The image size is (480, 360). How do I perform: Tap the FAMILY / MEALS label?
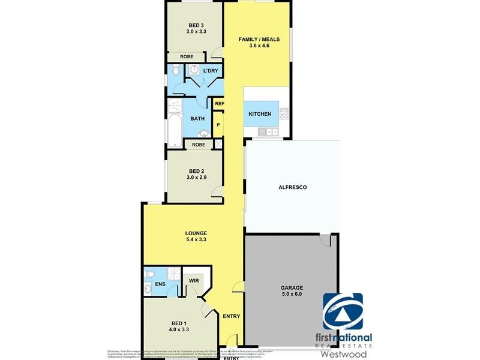coord(259,40)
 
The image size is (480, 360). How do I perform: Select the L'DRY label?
coord(210,71)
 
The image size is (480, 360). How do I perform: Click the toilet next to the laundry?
coord(174,71)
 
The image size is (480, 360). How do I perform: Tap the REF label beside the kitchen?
coord(220,104)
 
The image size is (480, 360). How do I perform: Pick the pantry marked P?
coord(218,125)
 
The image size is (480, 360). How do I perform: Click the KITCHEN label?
coord(260,114)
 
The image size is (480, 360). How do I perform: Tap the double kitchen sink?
coord(270,131)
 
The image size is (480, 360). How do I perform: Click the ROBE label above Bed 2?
coord(199,145)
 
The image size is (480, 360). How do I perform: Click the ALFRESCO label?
coord(293,188)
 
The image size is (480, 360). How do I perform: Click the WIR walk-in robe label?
coord(194,280)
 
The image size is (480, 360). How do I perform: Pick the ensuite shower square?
coord(173,274)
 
